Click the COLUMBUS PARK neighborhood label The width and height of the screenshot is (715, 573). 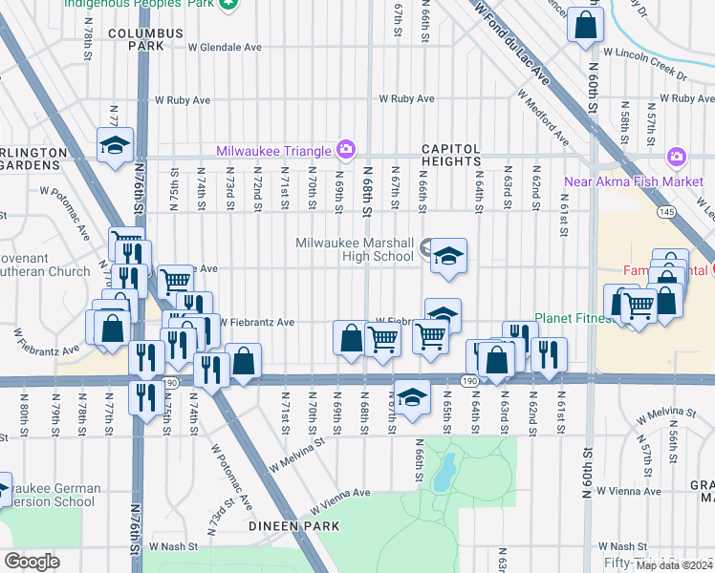144,38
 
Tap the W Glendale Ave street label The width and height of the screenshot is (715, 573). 225,46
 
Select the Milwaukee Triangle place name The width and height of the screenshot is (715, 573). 272,150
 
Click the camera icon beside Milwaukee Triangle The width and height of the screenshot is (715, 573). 345,150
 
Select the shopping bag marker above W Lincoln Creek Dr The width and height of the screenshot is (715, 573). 585,26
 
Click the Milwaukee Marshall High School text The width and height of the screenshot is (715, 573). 354,249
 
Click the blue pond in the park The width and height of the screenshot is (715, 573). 442,472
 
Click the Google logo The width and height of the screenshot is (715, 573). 32,562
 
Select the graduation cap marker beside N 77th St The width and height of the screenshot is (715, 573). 115,146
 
